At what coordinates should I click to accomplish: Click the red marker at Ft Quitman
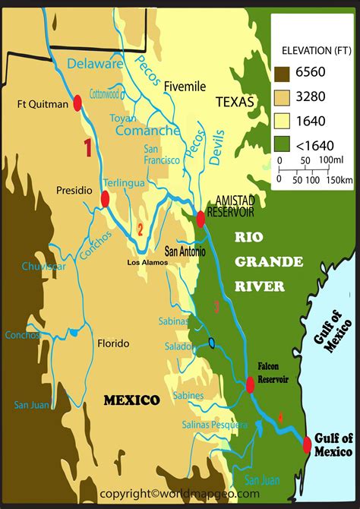point(77,103)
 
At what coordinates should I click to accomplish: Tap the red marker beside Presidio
point(105,198)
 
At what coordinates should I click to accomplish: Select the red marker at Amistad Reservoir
point(201,219)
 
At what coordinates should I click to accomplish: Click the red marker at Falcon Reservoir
point(250,385)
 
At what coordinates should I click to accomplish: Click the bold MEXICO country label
point(131,400)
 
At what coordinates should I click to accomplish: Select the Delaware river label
point(94,65)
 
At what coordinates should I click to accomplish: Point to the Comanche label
point(147,131)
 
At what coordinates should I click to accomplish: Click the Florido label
point(113,343)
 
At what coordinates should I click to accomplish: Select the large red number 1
point(88,147)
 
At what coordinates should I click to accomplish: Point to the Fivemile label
point(185,87)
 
